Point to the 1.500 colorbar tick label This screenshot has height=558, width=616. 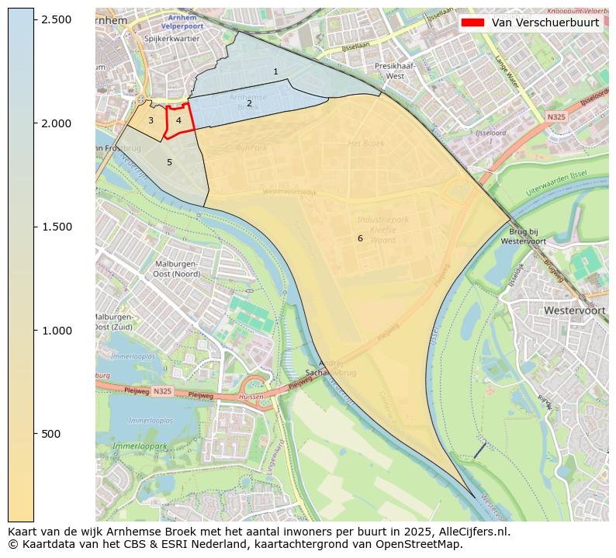tap(57, 227)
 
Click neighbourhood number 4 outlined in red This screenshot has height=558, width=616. tap(178, 120)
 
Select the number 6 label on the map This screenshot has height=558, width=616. tap(360, 238)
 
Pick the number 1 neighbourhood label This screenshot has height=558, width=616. tap(275, 71)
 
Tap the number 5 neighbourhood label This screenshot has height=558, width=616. tap(169, 162)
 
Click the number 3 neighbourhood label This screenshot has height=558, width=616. tap(151, 120)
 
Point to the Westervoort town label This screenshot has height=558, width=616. tap(574, 310)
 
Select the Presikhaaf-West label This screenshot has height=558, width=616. tap(395, 71)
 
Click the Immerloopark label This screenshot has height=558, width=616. tap(140, 447)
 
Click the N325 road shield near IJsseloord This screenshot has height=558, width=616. tap(555, 117)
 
